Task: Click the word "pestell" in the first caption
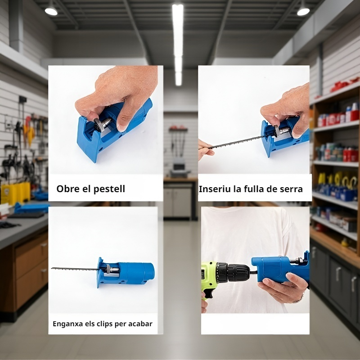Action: click(109, 189)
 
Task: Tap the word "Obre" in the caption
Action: click(67, 189)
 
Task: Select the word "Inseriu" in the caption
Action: click(214, 189)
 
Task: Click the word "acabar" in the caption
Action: click(140, 324)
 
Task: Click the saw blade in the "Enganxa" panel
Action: click(74, 269)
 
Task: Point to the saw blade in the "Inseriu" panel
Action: click(236, 141)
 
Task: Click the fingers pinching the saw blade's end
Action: click(205, 148)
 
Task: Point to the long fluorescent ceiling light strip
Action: click(178, 40)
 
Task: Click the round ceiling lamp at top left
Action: click(51, 10)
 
